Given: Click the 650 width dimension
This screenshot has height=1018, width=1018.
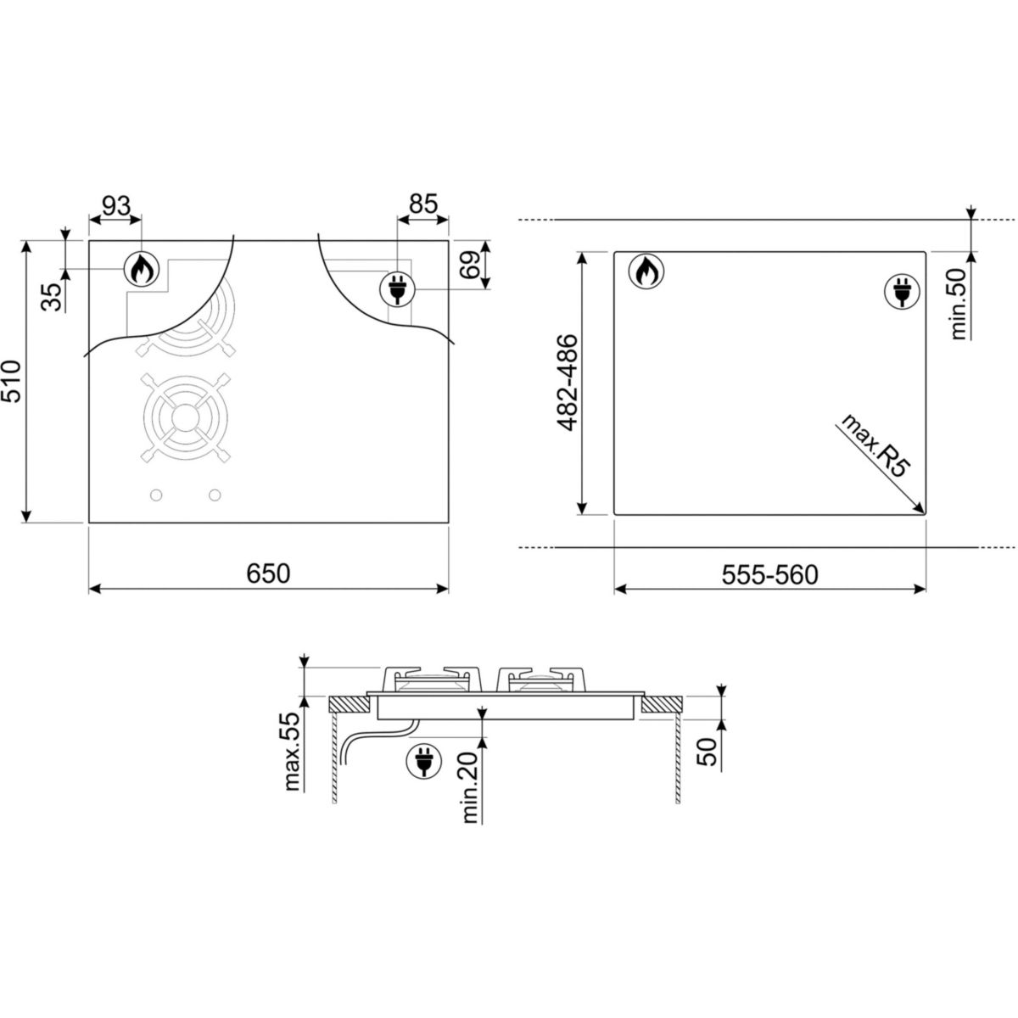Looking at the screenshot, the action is [268, 573].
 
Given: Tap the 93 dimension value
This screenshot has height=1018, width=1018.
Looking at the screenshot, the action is [116, 205].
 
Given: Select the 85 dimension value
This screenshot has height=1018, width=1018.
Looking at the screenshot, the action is [423, 204].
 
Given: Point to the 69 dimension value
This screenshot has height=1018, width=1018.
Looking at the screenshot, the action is [470, 265].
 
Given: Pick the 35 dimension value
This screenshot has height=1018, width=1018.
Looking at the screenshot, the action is [51, 297].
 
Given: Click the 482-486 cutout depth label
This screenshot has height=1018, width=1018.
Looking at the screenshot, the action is [568, 383].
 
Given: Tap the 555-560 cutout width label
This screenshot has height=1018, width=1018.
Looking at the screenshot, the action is [769, 575].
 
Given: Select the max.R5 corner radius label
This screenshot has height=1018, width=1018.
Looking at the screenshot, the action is [873, 445].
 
